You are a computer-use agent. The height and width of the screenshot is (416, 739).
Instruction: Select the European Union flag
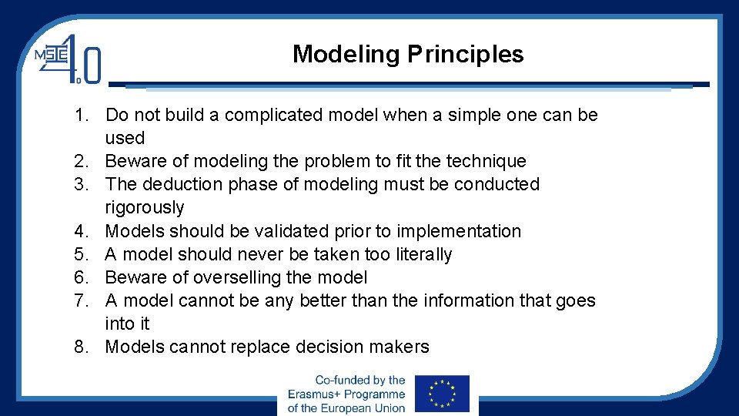click(x=441, y=394)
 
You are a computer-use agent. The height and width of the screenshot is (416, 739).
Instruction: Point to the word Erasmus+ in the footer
click(x=318, y=394)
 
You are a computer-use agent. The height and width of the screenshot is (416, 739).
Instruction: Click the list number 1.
click(x=82, y=116)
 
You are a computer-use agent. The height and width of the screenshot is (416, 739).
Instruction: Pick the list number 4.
click(x=82, y=231)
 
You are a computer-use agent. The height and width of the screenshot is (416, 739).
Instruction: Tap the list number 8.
click(x=82, y=347)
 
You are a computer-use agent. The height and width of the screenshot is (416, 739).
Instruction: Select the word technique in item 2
click(x=487, y=162)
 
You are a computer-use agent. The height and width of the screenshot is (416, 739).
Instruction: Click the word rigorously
click(x=145, y=208)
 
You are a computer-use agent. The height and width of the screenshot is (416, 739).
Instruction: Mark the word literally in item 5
click(x=421, y=254)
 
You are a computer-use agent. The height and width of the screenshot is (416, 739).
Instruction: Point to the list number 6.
click(x=82, y=277)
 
